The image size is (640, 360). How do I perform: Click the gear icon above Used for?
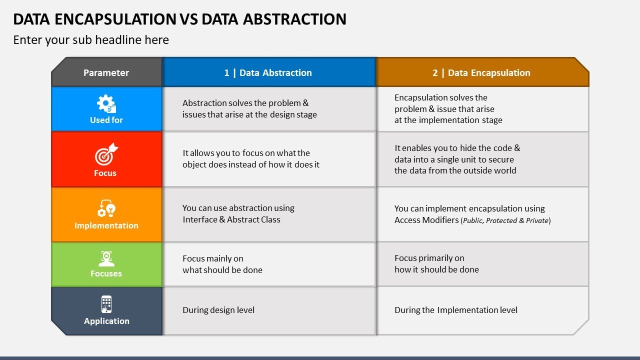pos(106,104)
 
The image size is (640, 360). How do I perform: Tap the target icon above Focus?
pos(106,154)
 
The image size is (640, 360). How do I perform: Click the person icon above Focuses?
pos(106,258)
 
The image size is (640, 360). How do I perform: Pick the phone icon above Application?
pos(106,304)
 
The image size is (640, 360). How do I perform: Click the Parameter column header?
pos(106,72)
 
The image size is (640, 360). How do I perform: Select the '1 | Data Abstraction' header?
pos(268,72)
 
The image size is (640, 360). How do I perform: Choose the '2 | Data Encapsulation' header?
pos(481,72)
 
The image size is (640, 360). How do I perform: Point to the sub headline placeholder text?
pos(91,40)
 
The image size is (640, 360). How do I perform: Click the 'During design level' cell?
pos(218,310)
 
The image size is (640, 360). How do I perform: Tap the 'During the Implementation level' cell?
pos(455,310)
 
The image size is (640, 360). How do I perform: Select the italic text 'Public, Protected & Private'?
pos(505,220)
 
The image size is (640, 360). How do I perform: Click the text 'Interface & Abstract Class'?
pos(231,219)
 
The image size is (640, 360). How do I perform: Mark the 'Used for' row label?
pos(106,120)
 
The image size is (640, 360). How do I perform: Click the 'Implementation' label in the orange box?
pos(106,225)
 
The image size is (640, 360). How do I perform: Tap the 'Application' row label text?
pos(106,321)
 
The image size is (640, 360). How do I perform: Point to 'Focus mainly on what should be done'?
pos(222,264)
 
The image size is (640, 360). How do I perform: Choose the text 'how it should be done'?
pos(436,269)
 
